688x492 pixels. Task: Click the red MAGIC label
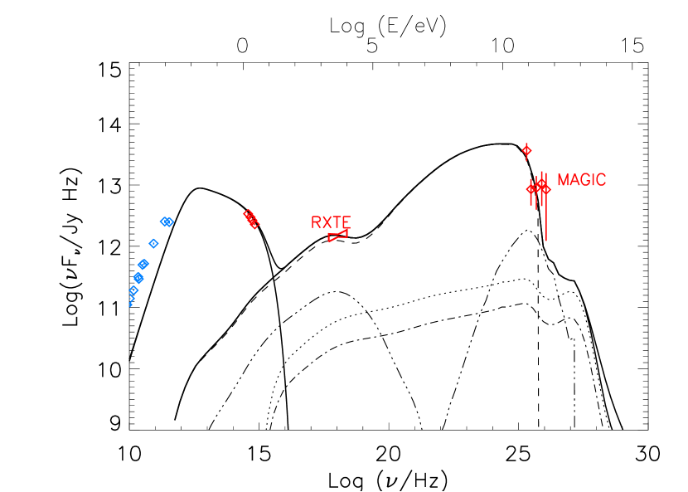[x=581, y=180]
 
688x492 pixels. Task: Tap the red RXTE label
[x=331, y=222]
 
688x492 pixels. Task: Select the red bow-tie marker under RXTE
[x=337, y=236]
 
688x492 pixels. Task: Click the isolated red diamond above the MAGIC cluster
[x=526, y=150]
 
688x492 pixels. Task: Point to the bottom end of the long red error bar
[x=545, y=241]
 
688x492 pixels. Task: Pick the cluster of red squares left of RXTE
[x=250, y=218]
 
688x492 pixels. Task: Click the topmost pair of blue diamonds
[x=167, y=222]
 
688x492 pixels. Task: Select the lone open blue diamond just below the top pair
[x=153, y=243]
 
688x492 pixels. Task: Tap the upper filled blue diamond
[x=143, y=264]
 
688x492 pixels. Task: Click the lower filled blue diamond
[x=138, y=278]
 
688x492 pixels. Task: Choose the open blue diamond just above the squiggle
[x=133, y=290]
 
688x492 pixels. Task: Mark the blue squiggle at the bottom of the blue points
[x=131, y=302]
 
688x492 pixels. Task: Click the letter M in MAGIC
[x=563, y=180]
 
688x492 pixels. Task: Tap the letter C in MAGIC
[x=601, y=180]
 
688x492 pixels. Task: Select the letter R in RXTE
[x=316, y=222]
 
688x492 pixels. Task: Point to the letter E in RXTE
[x=346, y=222]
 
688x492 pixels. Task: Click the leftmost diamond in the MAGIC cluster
[x=531, y=189]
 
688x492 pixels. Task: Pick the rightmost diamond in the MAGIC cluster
[x=546, y=189]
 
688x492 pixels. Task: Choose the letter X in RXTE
[x=326, y=222]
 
